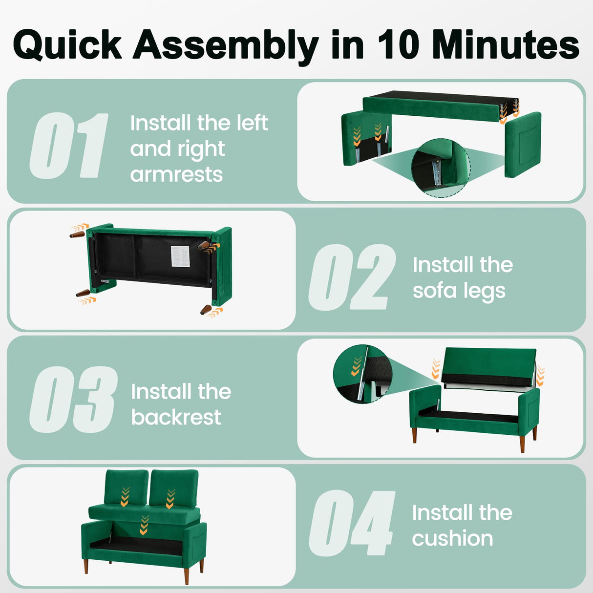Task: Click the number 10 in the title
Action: point(398,44)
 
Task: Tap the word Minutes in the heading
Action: point(505,44)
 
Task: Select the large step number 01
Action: point(68,146)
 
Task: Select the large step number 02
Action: point(352,277)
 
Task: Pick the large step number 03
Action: point(73,399)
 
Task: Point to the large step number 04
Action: point(352,523)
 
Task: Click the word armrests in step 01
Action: point(176,174)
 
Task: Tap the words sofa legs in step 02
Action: point(459,291)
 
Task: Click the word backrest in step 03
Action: point(176,417)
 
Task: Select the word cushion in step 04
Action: point(452,538)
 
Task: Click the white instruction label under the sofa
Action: point(180,256)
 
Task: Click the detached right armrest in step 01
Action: point(523,145)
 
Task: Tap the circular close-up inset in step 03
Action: point(362,374)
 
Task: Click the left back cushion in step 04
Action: point(127,488)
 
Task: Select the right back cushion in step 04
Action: point(173,489)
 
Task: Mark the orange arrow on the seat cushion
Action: point(144,525)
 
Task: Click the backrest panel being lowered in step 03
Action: point(488,366)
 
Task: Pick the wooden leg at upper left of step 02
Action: point(77,234)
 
